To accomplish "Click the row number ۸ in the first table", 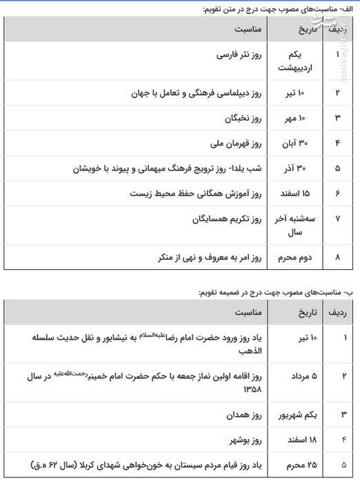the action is coord(337,257).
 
